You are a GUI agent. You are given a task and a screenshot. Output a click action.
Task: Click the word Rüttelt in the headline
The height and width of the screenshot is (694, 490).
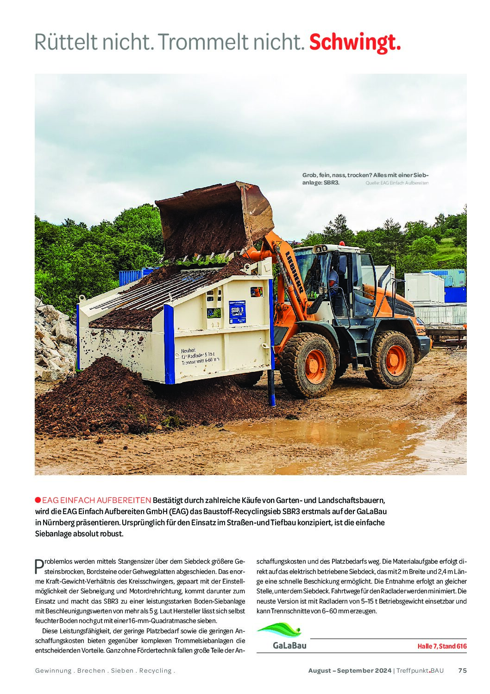click(x=66, y=43)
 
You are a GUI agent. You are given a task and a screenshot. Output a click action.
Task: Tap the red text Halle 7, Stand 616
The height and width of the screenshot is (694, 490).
click(x=442, y=646)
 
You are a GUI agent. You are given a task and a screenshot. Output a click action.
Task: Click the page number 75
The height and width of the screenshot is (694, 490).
click(x=462, y=670)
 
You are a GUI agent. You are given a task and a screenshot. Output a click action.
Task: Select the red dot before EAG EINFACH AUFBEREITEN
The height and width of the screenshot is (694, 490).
click(x=38, y=500)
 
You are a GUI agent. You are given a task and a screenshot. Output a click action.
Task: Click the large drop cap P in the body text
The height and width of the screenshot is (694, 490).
click(x=39, y=566)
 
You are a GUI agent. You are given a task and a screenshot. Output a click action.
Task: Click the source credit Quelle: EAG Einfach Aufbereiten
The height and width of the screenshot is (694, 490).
click(x=397, y=183)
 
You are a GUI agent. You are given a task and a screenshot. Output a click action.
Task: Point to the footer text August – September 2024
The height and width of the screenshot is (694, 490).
click(x=350, y=670)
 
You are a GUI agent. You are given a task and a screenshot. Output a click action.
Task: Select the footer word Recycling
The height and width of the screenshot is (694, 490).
click(x=155, y=670)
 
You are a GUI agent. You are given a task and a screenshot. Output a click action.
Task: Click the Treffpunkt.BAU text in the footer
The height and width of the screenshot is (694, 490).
click(x=420, y=670)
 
